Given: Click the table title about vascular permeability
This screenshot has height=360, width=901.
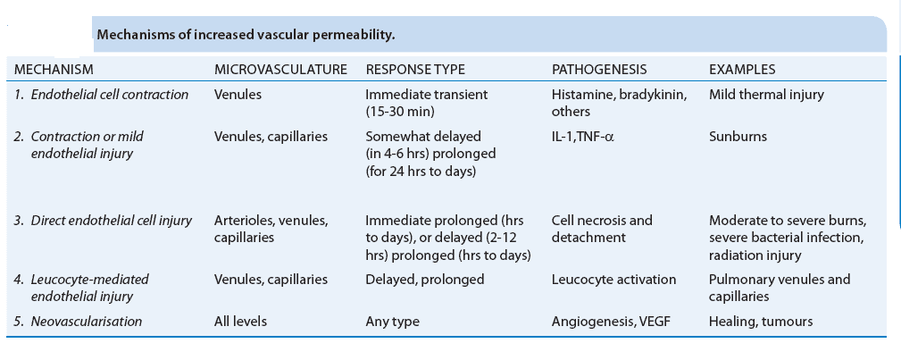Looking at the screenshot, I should click(246, 35).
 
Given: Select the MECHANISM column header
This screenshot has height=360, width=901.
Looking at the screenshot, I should click(54, 69).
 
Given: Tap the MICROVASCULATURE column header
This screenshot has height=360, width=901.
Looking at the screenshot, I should click(280, 69).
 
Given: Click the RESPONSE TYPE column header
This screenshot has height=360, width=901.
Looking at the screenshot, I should click(415, 69).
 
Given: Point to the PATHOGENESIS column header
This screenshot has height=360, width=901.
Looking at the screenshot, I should click(599, 69).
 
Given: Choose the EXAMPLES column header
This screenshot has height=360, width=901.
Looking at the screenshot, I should click(742, 69).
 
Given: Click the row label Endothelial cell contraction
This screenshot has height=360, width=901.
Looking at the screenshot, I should click(102, 94).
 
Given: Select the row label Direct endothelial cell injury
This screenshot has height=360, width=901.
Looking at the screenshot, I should click(103, 221).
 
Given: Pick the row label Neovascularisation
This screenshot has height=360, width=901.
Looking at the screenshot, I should click(84, 320).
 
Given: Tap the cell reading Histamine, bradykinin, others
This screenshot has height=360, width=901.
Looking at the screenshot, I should click(619, 103).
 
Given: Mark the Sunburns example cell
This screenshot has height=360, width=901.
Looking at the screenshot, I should click(738, 137).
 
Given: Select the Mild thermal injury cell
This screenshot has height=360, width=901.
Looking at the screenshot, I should click(767, 94).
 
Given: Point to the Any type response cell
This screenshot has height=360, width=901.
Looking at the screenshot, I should click(392, 320).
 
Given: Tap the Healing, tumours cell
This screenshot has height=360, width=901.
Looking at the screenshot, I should click(761, 320).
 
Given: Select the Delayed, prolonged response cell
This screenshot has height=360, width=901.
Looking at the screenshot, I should click(425, 280).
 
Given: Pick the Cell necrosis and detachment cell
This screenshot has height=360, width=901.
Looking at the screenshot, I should click(602, 230).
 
